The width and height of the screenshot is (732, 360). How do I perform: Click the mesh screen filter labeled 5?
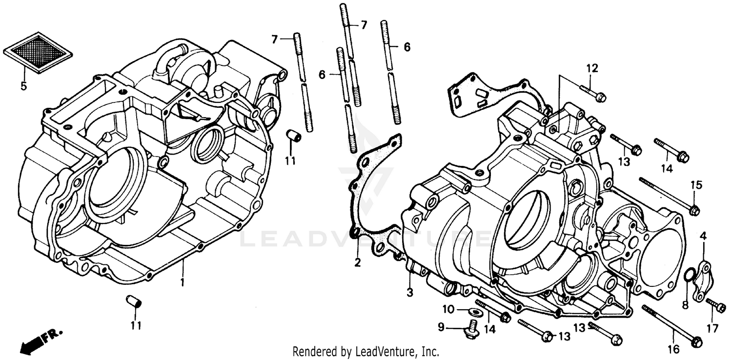click(x=38, y=52)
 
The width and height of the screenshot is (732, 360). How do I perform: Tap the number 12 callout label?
click(x=591, y=69)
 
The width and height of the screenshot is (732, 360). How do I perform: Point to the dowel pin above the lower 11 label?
click(x=134, y=300)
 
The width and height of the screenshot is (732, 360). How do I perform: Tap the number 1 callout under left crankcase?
click(x=183, y=282)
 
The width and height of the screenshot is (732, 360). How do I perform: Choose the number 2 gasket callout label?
click(x=358, y=263)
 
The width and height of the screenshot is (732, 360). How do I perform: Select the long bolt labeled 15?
click(x=669, y=195)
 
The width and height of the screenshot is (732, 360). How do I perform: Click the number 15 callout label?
click(x=696, y=185)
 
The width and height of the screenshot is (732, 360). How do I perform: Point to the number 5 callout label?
click(x=23, y=86)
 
